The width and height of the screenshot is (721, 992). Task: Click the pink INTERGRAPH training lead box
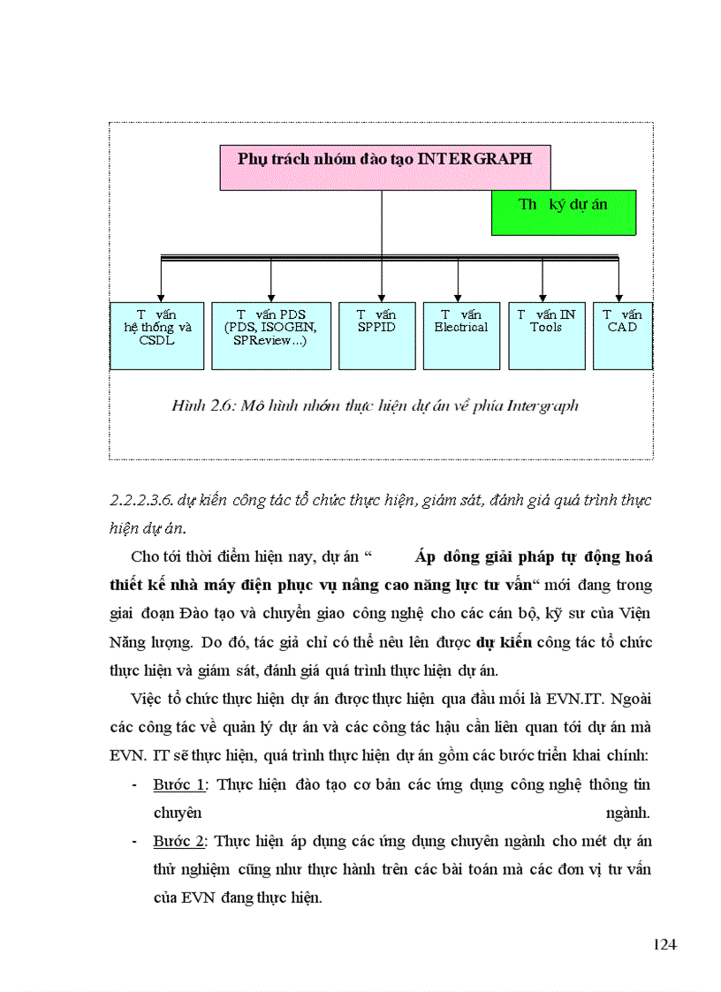(384, 168)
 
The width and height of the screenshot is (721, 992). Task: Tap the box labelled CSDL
(157, 336)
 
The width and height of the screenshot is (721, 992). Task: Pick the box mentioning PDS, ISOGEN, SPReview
(270, 336)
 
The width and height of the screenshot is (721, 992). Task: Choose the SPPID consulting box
(376, 336)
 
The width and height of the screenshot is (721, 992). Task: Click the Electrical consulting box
(460, 336)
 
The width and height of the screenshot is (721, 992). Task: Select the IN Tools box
(546, 336)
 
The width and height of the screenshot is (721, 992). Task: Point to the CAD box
(623, 336)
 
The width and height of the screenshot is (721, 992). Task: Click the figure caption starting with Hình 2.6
(375, 406)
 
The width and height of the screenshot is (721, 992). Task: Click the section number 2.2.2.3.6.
(141, 500)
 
